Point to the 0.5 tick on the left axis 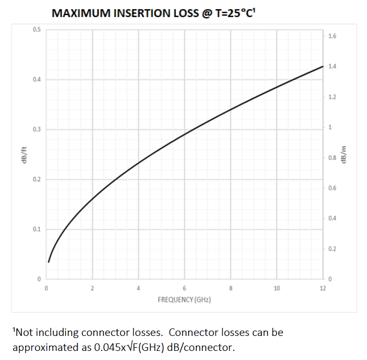coord(36,29)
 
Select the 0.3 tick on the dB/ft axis coord(36,129)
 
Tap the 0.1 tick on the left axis coord(36,229)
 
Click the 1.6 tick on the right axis coord(332,36)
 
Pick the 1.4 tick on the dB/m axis coord(332,66)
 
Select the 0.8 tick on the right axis coord(332,158)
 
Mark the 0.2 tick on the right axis coord(332,249)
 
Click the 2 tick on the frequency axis coord(92,288)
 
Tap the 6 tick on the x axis coord(185,288)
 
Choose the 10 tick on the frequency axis coord(277,288)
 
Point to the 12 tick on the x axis coord(323,288)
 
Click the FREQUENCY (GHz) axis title coord(184,300)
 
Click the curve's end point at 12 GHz coord(323,66)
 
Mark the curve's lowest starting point coord(48,262)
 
